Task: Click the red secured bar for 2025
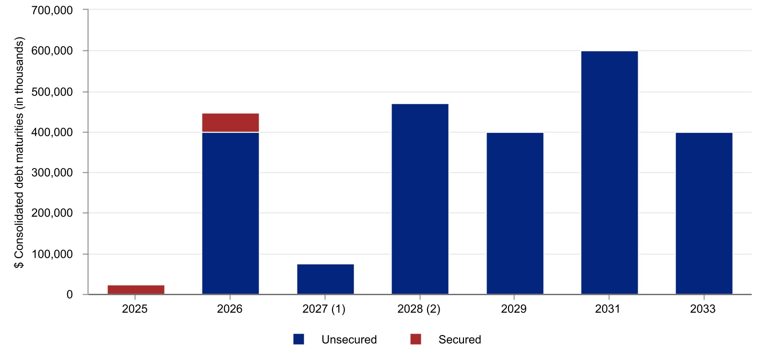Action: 136,289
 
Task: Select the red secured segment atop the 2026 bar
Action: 230,122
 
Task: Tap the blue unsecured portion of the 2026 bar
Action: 230,213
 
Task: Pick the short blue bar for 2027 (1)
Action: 325,279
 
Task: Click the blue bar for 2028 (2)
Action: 420,199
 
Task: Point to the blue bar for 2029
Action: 515,213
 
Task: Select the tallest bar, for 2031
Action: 609,172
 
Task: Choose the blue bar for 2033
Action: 704,213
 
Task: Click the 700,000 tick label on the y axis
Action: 52,10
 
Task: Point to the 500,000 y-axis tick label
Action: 52,92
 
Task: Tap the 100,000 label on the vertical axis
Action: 52,254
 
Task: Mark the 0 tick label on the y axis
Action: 70,295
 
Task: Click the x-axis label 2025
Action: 135,309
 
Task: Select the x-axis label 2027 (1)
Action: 324,309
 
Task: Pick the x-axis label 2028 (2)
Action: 419,309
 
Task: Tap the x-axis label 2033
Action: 702,309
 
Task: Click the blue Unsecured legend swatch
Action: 298,339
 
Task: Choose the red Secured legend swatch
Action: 416,339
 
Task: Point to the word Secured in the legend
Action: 460,339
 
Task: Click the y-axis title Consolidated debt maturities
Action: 19,154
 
